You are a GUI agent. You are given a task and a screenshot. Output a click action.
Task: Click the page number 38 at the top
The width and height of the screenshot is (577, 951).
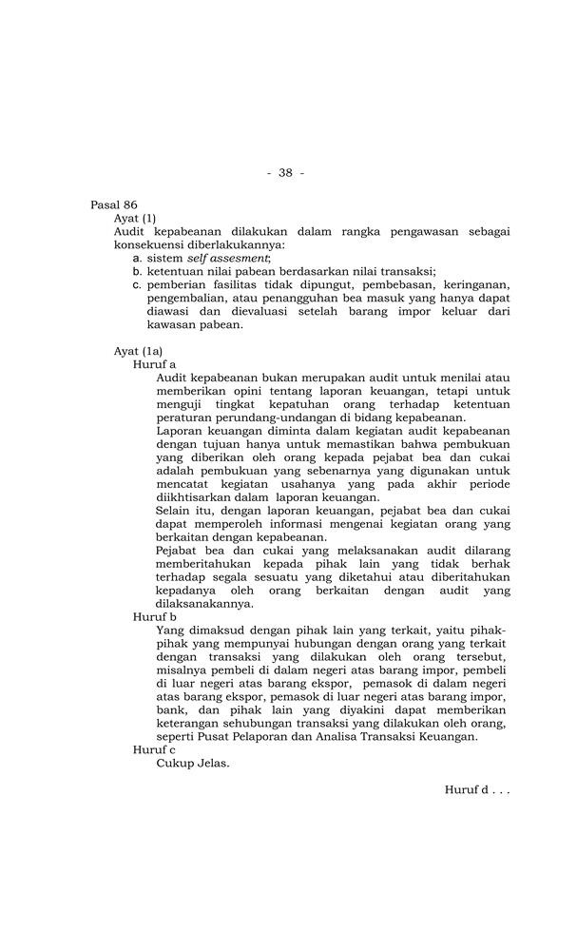(285, 172)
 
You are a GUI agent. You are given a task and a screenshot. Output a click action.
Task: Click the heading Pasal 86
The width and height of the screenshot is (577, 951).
(113, 204)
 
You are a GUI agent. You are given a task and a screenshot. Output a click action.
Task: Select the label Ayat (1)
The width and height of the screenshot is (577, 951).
(135, 218)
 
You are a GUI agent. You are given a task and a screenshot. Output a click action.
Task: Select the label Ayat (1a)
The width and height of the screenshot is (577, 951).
(138, 351)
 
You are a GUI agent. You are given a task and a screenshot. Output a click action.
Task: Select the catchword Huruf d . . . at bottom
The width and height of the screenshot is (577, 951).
(477, 790)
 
